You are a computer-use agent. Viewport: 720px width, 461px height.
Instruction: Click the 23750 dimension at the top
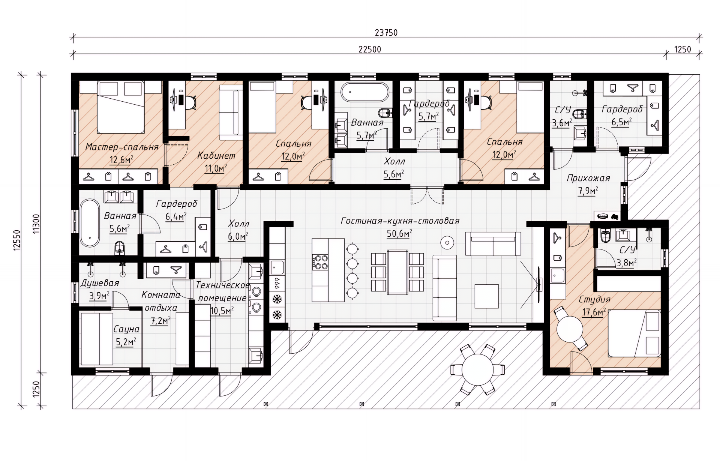click(386, 33)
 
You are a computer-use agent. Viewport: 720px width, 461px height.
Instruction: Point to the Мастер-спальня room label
click(122, 147)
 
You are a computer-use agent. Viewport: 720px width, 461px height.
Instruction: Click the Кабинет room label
click(216, 155)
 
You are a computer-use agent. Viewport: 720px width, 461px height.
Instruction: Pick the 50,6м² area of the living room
click(400, 233)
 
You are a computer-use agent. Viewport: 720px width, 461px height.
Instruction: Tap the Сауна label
click(126, 329)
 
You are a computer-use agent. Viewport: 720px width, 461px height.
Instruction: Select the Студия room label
click(594, 300)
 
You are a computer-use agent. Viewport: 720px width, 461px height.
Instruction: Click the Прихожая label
click(588, 178)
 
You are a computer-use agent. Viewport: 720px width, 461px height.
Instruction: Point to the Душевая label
click(100, 283)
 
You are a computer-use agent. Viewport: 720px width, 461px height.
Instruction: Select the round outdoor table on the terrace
click(477, 369)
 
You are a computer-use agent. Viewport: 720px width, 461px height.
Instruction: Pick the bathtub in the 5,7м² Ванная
click(364, 92)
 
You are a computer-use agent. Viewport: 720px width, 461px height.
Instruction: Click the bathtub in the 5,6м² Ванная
click(90, 223)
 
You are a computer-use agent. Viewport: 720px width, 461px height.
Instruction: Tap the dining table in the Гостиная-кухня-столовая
click(397, 272)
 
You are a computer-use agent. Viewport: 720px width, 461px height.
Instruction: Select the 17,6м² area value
click(595, 312)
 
